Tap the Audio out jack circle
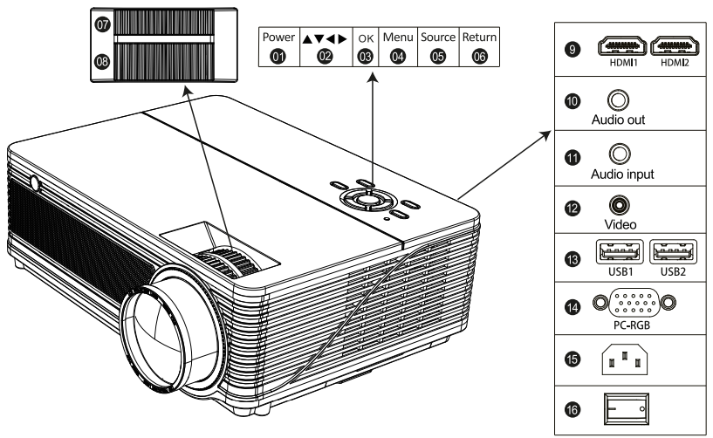tap(616, 103)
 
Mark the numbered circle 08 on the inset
tap(103, 64)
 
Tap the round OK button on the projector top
tap(369, 200)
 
